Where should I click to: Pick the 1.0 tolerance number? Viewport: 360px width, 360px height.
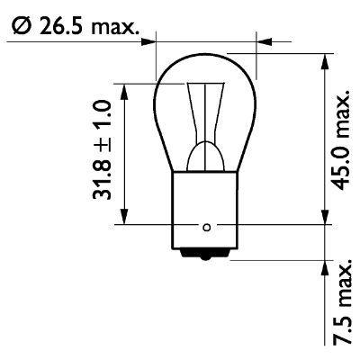[x=102, y=116]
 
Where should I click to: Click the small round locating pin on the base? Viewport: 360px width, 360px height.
[x=206, y=225]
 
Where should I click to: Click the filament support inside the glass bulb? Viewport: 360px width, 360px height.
[x=206, y=126]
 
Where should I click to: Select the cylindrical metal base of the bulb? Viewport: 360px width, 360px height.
[x=206, y=211]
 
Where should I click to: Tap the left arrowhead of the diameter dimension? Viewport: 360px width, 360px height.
[x=149, y=40]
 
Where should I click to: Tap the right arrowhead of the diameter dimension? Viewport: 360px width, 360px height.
[x=263, y=40]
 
